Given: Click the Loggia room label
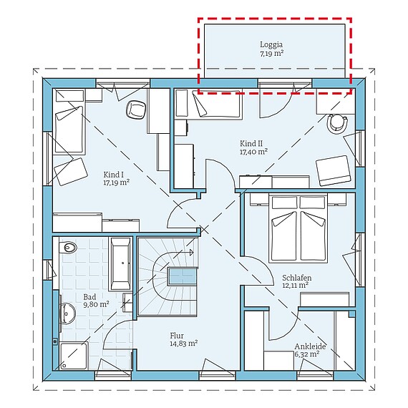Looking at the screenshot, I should pos(271,44).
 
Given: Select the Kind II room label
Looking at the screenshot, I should pos(253,144).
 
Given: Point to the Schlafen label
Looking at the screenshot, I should pos(295,277).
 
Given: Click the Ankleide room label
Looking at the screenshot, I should pos(310,346).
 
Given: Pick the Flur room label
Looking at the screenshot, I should pos(176,334).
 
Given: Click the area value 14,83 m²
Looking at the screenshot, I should pos(183,343).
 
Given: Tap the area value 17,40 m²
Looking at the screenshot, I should pos(253,152).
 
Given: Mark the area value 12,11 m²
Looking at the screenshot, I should pos(295,285).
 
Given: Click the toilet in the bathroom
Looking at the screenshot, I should pos(69,248).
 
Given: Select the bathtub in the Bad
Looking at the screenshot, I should pos(120,261).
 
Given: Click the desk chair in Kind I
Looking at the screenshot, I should pos(135,110).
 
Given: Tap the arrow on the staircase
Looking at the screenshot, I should pos(191,252).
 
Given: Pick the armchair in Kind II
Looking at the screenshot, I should pos(334,169).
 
